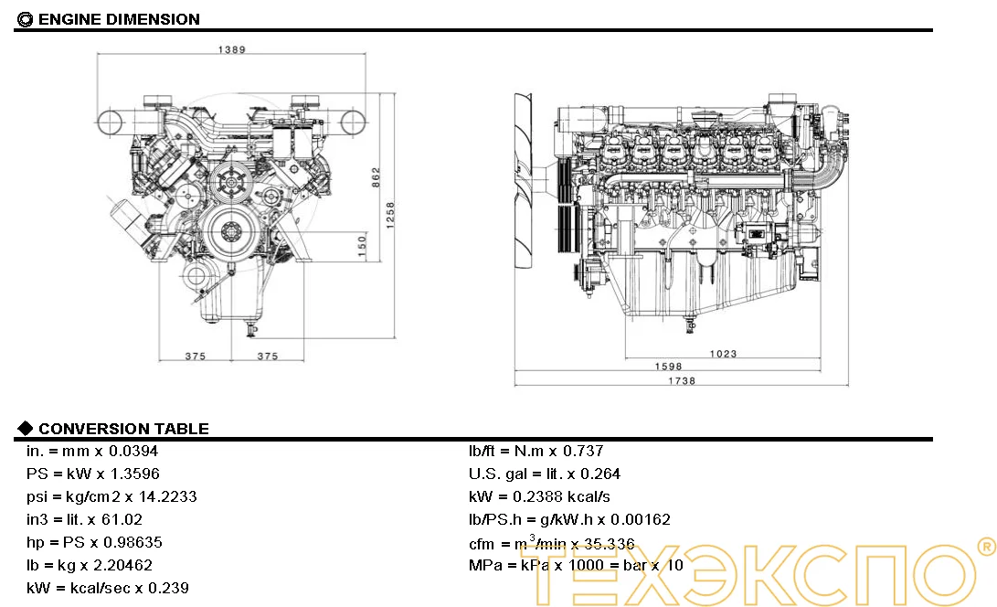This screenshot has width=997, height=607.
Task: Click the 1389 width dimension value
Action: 232,49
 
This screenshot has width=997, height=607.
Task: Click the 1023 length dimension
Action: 723,353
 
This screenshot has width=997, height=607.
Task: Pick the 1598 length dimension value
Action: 668,367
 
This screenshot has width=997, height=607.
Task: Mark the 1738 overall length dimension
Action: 682,380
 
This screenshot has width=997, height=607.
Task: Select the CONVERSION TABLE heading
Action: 123,429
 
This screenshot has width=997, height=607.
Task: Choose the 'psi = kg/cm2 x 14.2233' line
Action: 111,496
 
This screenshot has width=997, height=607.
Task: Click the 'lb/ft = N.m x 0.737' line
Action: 536,451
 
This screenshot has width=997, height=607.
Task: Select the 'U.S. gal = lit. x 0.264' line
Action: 545,474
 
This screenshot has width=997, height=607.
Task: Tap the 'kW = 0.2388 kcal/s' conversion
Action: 539,496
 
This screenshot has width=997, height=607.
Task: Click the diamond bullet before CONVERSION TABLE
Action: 26,428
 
